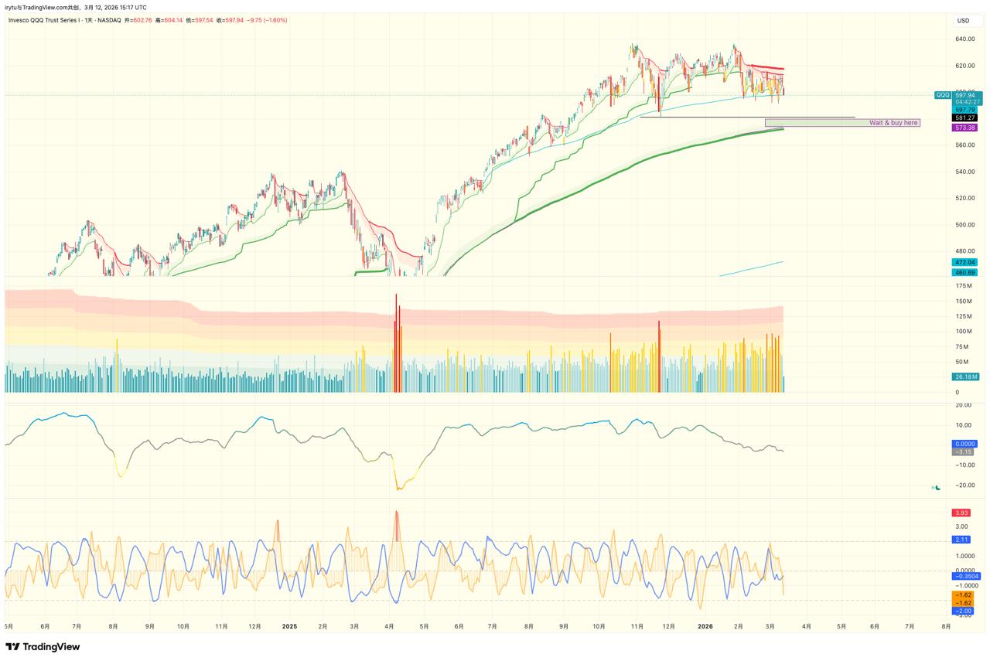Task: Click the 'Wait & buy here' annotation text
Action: click(x=893, y=123)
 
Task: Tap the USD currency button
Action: click(x=963, y=21)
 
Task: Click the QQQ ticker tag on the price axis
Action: click(x=943, y=95)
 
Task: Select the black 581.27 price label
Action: click(x=965, y=118)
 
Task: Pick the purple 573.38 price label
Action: click(x=965, y=128)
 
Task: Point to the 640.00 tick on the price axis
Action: click(x=964, y=39)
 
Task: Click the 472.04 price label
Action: click(x=965, y=262)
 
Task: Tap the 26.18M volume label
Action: click(x=965, y=376)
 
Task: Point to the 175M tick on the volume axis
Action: click(x=964, y=286)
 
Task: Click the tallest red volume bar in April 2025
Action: click(x=396, y=340)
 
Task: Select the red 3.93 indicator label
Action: click(x=961, y=513)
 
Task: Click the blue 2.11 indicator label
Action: click(x=961, y=540)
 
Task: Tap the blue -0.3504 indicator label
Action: click(x=966, y=576)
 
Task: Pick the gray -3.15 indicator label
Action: click(x=964, y=451)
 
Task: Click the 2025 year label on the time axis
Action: click(x=289, y=626)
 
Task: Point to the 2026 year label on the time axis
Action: click(x=705, y=626)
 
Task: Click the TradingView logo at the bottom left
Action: click(x=43, y=647)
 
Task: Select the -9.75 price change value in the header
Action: click(x=254, y=20)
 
